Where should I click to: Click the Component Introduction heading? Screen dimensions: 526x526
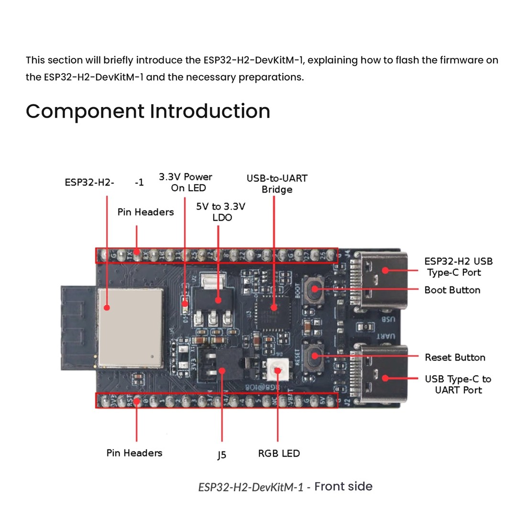(x=148, y=111)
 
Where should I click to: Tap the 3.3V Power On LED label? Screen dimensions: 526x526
(x=186, y=182)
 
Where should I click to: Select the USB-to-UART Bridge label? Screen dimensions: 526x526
(x=277, y=184)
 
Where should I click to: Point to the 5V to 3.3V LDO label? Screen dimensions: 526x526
(x=221, y=212)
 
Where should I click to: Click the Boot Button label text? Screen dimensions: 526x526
(x=452, y=290)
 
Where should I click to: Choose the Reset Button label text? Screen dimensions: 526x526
(x=455, y=357)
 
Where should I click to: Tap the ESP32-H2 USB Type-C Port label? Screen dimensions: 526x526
(x=458, y=267)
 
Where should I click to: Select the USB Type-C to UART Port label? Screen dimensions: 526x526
(x=458, y=384)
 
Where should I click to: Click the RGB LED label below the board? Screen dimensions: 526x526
(x=279, y=453)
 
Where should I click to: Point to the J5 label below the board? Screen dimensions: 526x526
(x=221, y=455)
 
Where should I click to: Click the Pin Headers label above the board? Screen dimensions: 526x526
(x=145, y=212)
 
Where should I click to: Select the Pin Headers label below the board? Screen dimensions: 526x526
(x=134, y=453)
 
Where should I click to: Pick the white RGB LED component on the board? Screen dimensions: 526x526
(x=277, y=369)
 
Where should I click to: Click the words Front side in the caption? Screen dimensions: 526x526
(x=343, y=486)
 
